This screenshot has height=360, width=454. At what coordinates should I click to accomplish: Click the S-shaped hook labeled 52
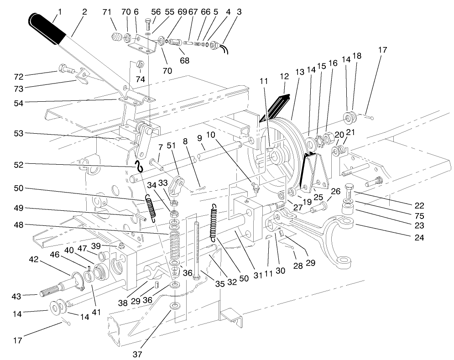138,165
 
